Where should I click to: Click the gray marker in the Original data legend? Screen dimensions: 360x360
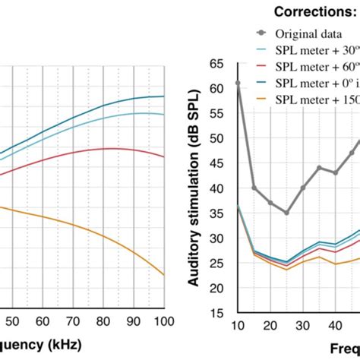pos(262,33)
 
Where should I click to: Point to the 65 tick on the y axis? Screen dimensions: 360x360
pos(221,63)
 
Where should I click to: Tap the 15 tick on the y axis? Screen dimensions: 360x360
pos(221,312)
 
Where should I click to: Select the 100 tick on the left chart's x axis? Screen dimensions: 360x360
pos(163,321)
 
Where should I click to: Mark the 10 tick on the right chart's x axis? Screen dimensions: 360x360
pos(238,326)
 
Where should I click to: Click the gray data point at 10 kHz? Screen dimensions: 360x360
pos(238,83)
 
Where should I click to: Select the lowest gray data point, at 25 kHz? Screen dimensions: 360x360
pos(286,213)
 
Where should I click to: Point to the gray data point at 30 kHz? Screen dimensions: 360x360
pos(303,188)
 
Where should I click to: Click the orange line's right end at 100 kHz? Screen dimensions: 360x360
pos(164,275)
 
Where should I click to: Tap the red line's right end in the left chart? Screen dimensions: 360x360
pos(164,157)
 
